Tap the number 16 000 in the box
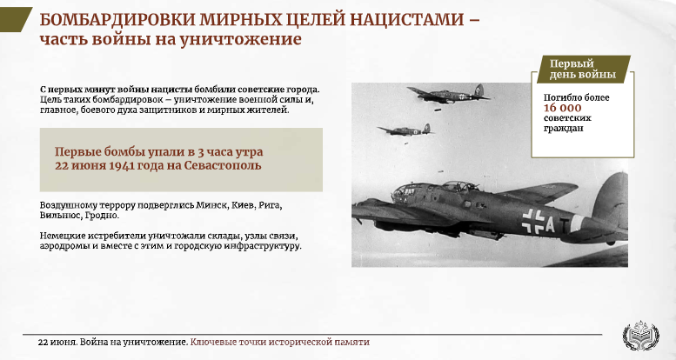click(x=562, y=108)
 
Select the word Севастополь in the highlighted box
click(x=223, y=165)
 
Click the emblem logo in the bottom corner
click(x=640, y=335)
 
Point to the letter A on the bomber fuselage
click(x=550, y=224)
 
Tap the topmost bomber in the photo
click(x=449, y=94)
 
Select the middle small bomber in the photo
click(x=405, y=130)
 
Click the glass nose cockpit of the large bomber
click(x=405, y=193)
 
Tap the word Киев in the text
click(x=243, y=205)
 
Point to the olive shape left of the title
click(x=15, y=19)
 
